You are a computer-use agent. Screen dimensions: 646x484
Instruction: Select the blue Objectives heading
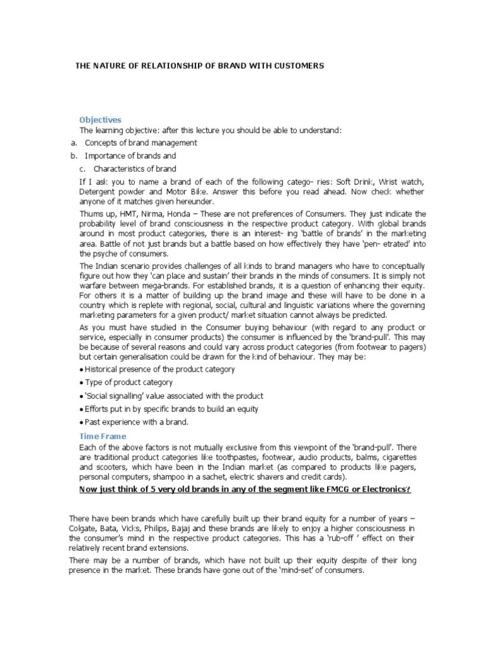tap(100, 120)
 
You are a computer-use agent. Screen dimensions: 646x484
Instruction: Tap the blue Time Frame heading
tap(103, 436)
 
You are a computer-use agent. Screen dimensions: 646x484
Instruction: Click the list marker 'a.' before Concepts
tap(74, 143)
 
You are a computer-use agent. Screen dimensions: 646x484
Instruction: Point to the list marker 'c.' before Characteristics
tap(83, 168)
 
